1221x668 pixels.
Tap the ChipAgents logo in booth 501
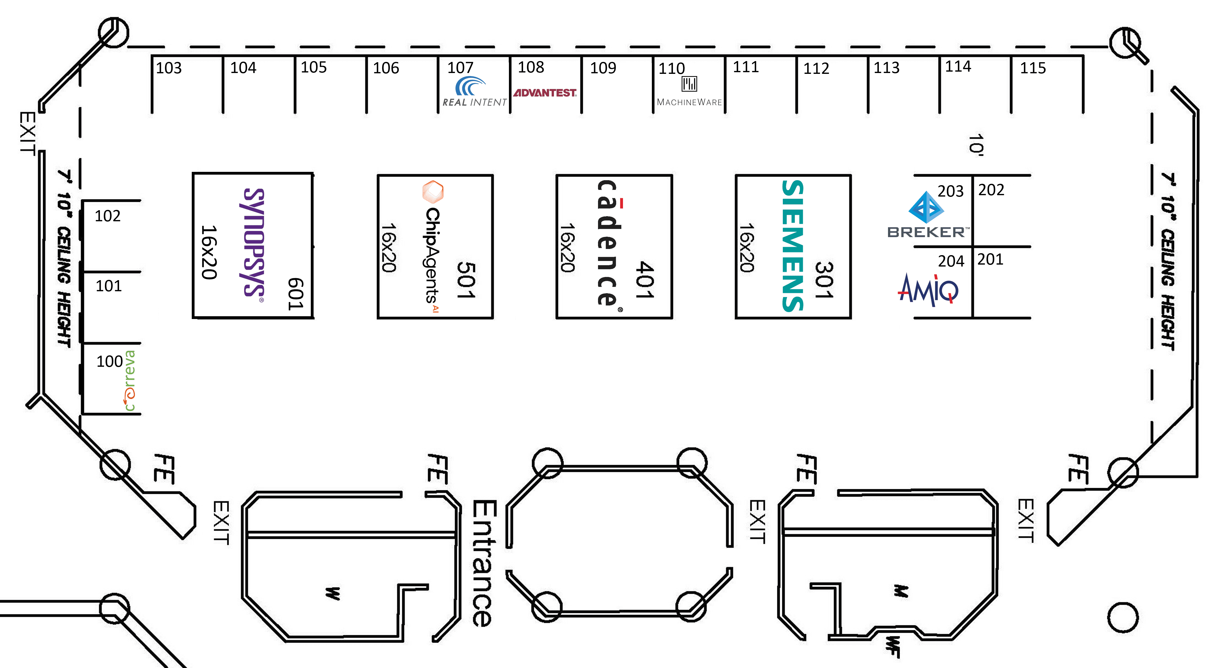click(x=433, y=247)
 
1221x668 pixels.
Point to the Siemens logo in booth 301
click(x=793, y=246)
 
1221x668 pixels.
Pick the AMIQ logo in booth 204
click(x=928, y=290)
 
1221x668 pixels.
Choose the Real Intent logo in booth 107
click(x=474, y=92)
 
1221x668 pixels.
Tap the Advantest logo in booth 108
click(x=545, y=93)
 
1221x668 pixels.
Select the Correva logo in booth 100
click(x=129, y=381)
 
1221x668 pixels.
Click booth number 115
click(x=1033, y=68)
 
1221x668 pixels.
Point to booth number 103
click(x=169, y=68)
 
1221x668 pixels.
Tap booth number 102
click(x=108, y=216)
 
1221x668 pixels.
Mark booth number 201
click(x=990, y=259)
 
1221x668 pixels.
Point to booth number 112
click(x=816, y=69)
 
